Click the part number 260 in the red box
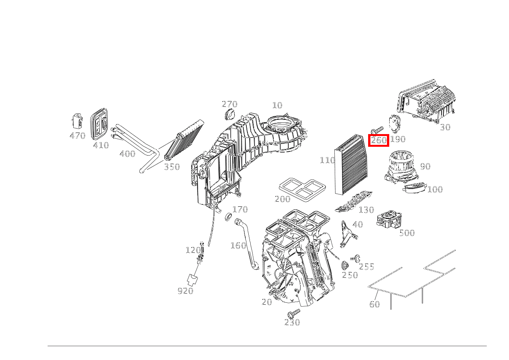(378, 141)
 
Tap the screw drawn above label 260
(377, 130)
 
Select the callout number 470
(77, 136)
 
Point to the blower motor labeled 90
(401, 166)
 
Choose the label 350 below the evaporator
(172, 167)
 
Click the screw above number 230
(294, 313)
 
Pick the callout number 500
(407, 233)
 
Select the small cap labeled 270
(230, 114)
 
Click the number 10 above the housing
(277, 105)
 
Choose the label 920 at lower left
(185, 291)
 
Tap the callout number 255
(366, 267)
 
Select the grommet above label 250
(345, 265)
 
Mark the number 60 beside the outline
(374, 304)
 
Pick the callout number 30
(445, 127)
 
